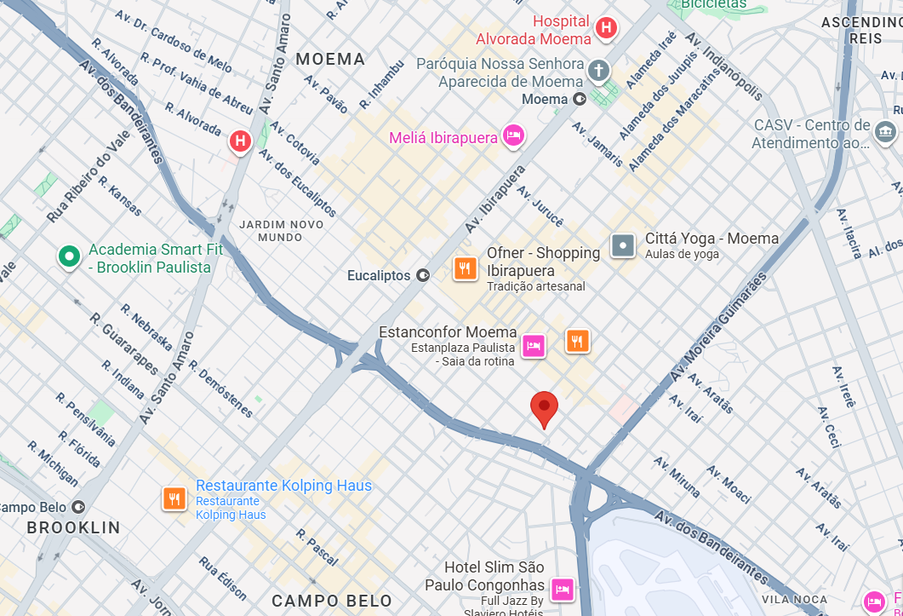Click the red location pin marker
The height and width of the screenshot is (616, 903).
click(544, 409)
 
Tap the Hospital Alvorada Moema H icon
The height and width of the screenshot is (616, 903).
click(606, 28)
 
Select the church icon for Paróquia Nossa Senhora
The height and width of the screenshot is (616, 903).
click(599, 71)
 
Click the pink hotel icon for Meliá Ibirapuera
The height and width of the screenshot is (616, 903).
click(513, 135)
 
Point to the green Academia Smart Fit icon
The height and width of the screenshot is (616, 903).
click(68, 256)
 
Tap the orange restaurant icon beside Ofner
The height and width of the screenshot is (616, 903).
click(465, 269)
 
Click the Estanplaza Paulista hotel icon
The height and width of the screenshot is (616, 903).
click(534, 346)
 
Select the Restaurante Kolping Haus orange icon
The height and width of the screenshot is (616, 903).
click(175, 498)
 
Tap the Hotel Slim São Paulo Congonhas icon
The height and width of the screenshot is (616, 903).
click(562, 589)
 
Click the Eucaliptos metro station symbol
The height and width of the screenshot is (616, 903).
click(423, 275)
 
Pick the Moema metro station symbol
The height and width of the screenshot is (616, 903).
click(580, 99)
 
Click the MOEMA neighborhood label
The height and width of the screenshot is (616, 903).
click(330, 59)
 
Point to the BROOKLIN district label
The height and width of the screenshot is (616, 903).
click(73, 527)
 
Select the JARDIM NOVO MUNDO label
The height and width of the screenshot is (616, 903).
click(281, 230)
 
